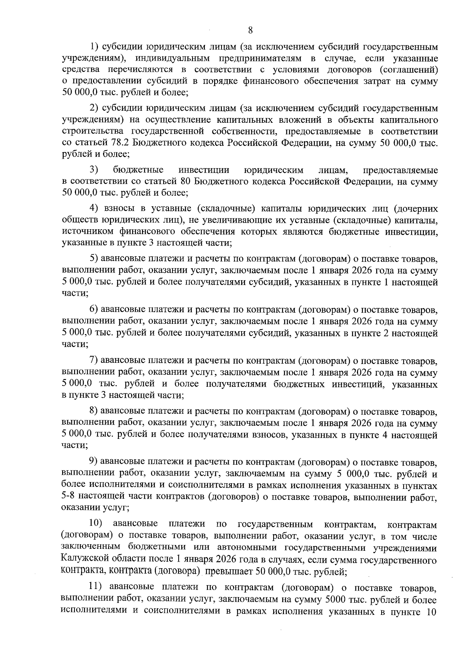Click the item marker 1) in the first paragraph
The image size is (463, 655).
[95, 47]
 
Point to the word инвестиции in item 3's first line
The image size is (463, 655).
[204, 170]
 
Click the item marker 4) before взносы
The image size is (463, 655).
[95, 209]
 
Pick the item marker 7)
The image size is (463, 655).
[95, 361]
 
